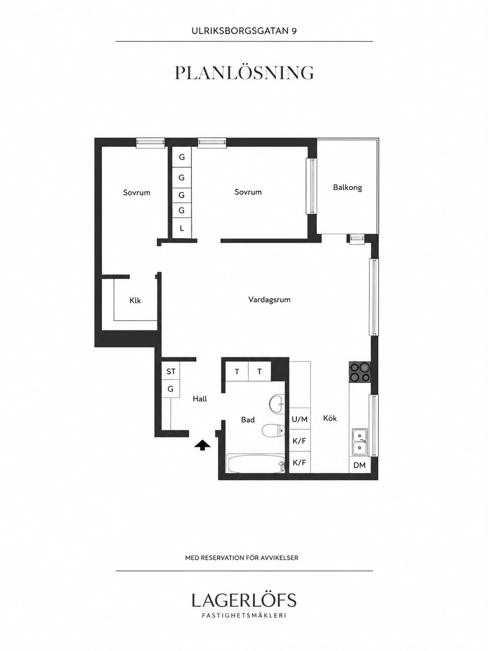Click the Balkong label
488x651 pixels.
347,187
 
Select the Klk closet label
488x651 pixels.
135,300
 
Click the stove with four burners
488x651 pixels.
360,372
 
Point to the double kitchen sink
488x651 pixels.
360,441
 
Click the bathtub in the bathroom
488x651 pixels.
255,464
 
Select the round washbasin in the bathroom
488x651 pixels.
277,403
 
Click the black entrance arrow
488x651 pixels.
202,445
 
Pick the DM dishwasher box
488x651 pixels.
359,465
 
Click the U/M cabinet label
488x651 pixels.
300,419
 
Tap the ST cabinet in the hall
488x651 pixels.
171,371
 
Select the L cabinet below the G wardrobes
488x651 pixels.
182,228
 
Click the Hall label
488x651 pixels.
200,399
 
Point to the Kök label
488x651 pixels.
330,418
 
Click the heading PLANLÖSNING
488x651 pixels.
244,73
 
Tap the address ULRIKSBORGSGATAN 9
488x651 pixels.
244,31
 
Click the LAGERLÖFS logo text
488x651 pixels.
244,600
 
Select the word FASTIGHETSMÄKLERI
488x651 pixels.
244,615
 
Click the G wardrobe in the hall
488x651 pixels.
171,389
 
